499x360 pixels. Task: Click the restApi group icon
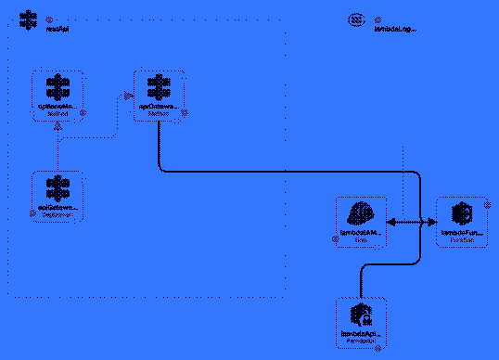click(x=29, y=19)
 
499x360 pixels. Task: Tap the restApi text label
click(x=58, y=30)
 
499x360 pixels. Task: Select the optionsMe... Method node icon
click(x=58, y=88)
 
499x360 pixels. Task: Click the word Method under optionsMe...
click(x=58, y=113)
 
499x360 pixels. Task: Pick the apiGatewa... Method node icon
click(x=159, y=87)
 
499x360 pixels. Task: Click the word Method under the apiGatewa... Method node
click(x=160, y=113)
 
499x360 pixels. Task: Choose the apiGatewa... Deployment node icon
click(x=58, y=187)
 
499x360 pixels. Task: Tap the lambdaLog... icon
click(x=356, y=19)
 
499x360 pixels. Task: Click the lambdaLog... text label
click(x=394, y=30)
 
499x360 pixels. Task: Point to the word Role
click(x=361, y=238)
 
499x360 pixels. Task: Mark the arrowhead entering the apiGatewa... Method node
click(x=128, y=94)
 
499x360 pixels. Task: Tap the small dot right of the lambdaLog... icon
click(x=378, y=19)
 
